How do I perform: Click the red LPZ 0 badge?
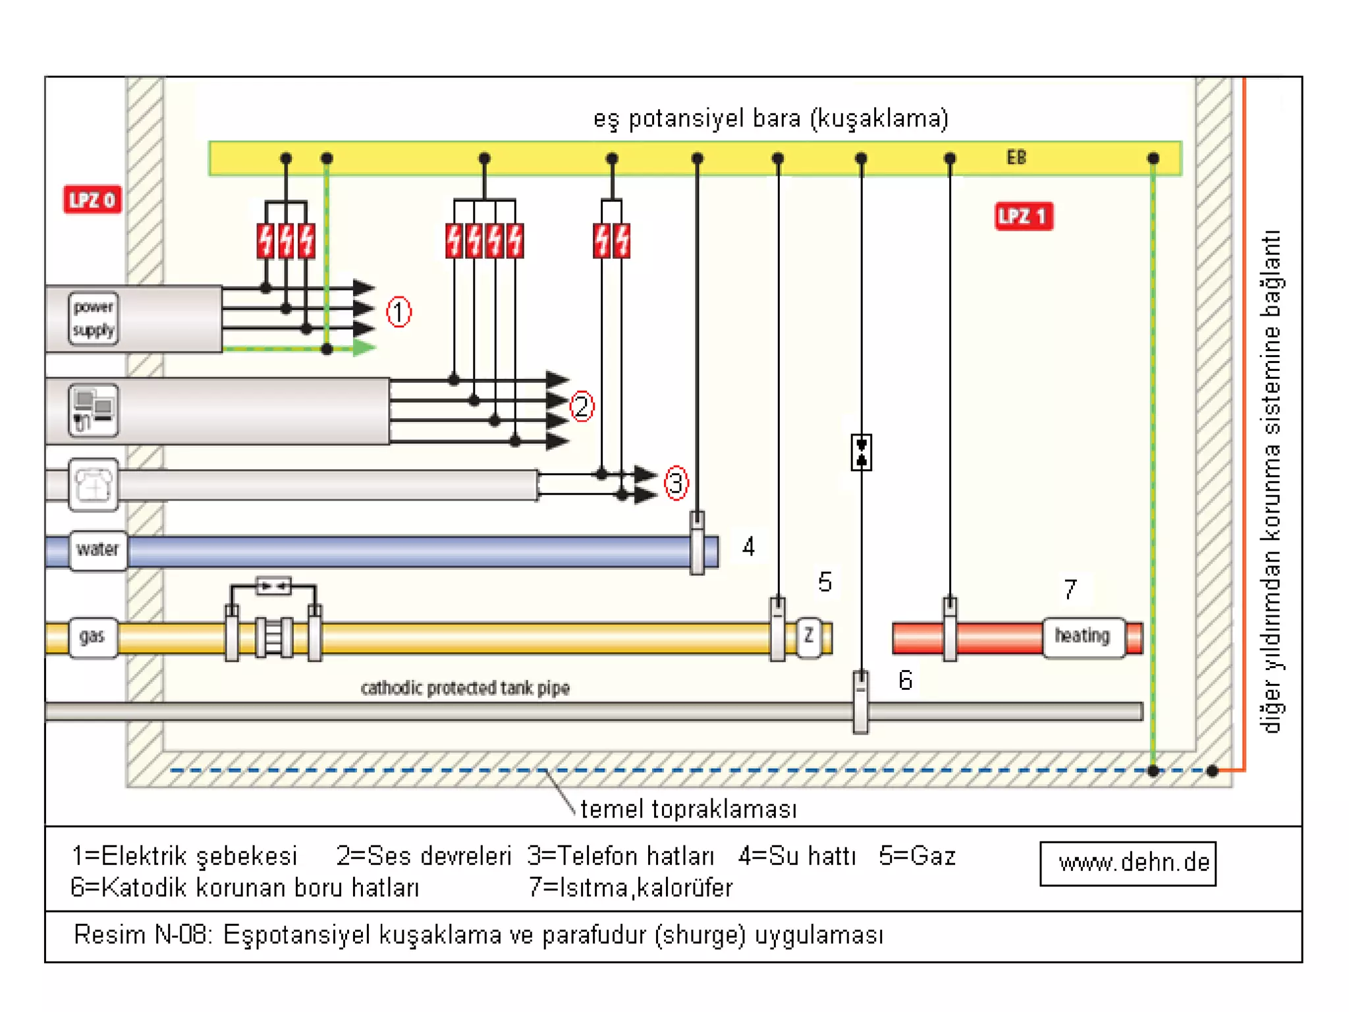click(x=92, y=200)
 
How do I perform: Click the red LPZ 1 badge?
click(x=1023, y=216)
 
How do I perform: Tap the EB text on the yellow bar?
click(x=1016, y=157)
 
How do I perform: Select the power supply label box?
click(x=94, y=318)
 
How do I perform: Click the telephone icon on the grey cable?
click(x=94, y=486)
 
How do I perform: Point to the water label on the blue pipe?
click(x=97, y=549)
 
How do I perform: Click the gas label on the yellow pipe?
click(x=92, y=636)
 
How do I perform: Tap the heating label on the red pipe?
click(x=1082, y=636)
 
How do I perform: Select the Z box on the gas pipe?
click(x=808, y=636)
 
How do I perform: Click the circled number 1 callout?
click(x=399, y=312)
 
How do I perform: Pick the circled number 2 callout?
click(x=582, y=407)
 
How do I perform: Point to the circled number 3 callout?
click(x=676, y=484)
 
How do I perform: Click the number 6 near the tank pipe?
click(x=906, y=681)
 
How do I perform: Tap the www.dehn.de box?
click(x=1128, y=863)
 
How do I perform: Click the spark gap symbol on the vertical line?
click(x=861, y=453)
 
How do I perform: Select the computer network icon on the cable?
click(x=94, y=410)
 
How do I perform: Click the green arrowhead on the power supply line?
click(x=364, y=347)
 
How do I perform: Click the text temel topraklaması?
click(x=688, y=809)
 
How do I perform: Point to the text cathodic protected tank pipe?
click(x=465, y=688)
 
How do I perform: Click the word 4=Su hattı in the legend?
click(x=797, y=856)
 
